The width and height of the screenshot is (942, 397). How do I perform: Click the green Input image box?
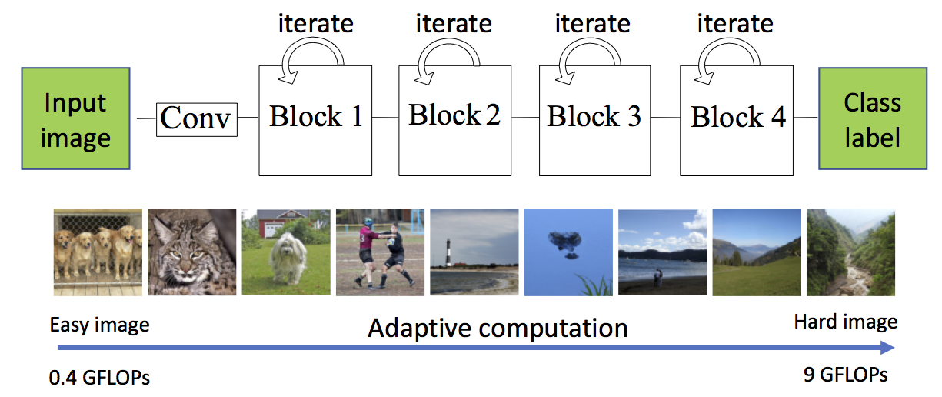point(75,118)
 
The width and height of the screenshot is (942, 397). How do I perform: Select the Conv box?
point(196,119)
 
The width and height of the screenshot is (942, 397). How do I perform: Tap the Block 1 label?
point(316,116)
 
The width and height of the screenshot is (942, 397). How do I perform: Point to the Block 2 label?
point(454,115)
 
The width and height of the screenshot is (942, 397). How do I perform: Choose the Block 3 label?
point(594,116)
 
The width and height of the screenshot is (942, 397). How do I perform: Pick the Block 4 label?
point(738,116)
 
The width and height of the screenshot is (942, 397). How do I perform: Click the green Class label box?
point(873,118)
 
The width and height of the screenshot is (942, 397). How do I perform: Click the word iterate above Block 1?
point(316,24)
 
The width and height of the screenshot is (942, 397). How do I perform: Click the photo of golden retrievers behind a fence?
point(98,252)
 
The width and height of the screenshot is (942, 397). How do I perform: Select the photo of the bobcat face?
point(191,252)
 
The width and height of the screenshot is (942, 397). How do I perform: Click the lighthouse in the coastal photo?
point(449,252)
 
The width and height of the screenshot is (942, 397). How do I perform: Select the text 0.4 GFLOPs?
point(99,378)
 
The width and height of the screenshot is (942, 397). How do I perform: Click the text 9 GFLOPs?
point(845,375)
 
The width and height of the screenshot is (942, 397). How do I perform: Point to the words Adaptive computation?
point(498,329)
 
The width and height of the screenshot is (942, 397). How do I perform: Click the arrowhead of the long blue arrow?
point(887,348)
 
